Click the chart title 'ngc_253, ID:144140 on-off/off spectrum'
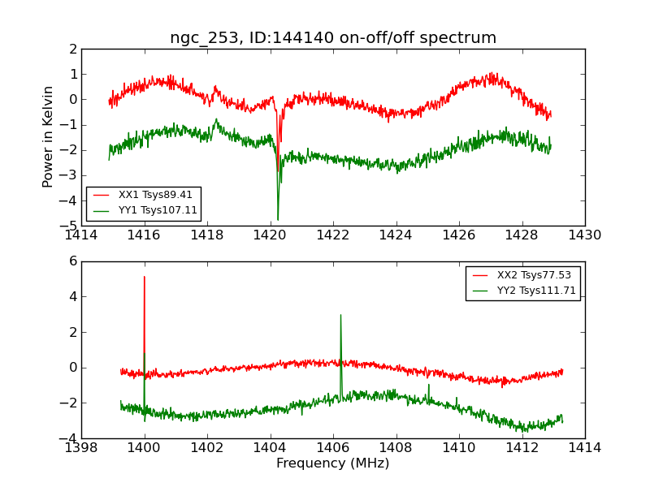pos(333,37)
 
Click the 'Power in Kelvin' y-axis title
pos(49,136)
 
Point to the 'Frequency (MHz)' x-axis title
pos(333,463)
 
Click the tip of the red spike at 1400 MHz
pos(145,277)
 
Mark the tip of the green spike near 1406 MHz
pos(340,315)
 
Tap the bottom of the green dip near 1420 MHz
pos(278,219)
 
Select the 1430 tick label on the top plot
pos(585,235)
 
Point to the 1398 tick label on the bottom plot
pos(81,448)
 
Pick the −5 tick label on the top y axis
pos(70,226)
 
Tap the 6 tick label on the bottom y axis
pos(72,261)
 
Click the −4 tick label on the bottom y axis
pos(70,438)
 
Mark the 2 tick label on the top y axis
pos(72,49)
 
